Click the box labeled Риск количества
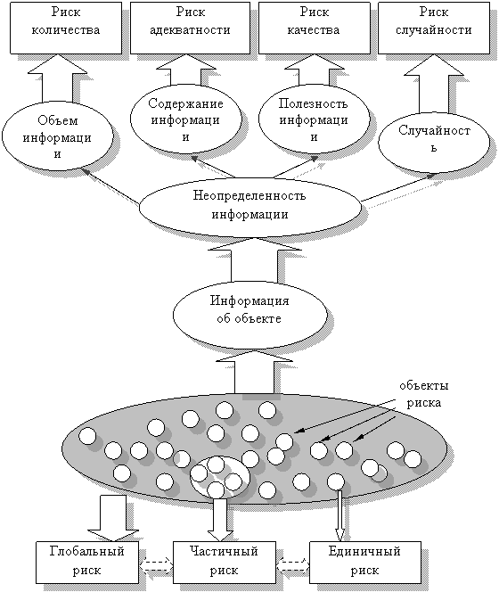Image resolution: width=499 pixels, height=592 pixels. [66, 28]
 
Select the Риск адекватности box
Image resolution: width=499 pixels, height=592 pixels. [190, 28]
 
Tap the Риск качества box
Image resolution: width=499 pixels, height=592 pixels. [314, 28]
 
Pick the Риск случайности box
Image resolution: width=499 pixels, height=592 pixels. [434, 28]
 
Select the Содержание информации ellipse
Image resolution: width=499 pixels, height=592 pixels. [185, 119]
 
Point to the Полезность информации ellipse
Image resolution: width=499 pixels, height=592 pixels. [314, 119]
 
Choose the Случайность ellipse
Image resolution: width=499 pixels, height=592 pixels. [434, 143]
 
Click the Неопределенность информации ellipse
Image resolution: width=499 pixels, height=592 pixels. [250, 207]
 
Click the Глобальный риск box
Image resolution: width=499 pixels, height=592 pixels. [87, 563]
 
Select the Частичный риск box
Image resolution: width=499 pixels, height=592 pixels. [225, 563]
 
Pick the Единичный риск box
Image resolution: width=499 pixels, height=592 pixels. [365, 563]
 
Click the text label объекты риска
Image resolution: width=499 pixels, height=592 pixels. [424, 394]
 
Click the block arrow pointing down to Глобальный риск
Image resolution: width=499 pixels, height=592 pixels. [112, 518]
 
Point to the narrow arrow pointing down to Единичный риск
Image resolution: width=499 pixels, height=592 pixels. [340, 515]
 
